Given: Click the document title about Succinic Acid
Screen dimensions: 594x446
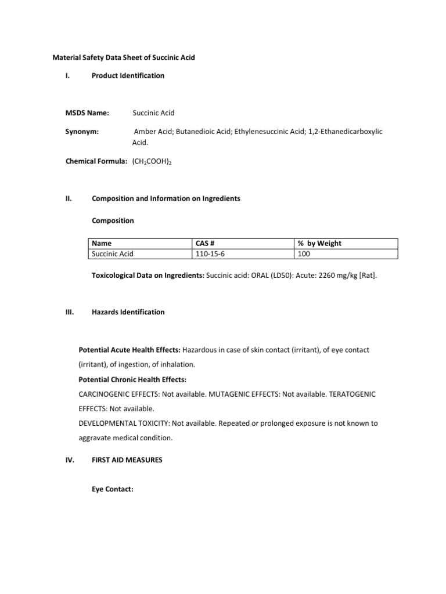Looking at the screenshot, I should point(124,57).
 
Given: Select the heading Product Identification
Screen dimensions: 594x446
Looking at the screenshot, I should point(128,75).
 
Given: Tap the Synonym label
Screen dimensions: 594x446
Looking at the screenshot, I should point(82,132).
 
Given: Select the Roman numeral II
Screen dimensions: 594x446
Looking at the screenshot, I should point(69,198).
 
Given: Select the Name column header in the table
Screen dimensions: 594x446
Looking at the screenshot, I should point(102,244).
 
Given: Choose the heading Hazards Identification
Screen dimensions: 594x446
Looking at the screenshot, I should point(128,312).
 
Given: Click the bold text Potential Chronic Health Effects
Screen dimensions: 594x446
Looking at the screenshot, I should point(132,379).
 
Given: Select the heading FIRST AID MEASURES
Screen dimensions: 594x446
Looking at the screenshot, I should point(127,460).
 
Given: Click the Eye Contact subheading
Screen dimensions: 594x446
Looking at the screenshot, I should point(113,490).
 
